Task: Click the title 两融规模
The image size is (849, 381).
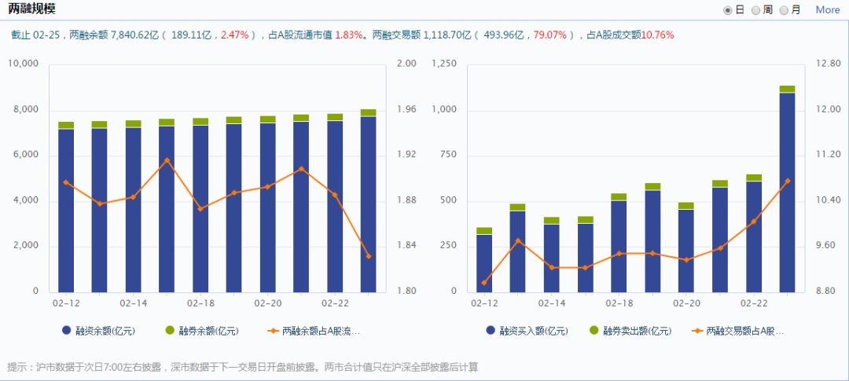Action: point(32,9)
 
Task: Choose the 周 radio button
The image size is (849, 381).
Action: point(755,10)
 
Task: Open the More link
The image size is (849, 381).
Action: point(827,10)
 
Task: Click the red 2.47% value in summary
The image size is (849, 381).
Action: point(234,35)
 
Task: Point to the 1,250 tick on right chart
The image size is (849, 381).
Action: point(445,64)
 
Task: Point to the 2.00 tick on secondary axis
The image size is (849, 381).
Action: point(406,64)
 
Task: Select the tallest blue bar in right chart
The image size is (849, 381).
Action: point(787,192)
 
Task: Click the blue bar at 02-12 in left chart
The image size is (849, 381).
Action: point(66,211)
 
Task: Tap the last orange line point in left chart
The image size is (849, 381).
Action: point(369,256)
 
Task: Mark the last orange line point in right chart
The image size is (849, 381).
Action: point(787,181)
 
